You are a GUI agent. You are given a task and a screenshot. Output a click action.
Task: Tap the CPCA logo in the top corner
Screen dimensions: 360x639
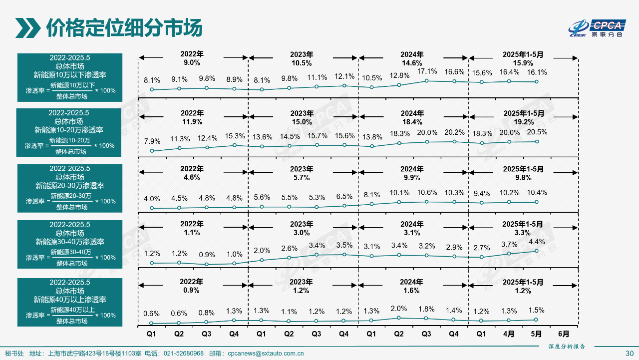(x=598, y=28)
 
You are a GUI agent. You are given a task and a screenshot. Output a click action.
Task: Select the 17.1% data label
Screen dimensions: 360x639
(x=426, y=71)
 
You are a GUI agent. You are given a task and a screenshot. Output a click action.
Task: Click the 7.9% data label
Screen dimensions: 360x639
(x=152, y=141)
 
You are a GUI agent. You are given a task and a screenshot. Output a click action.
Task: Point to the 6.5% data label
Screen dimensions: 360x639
(x=344, y=197)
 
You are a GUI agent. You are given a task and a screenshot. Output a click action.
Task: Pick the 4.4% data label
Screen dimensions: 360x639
(x=537, y=242)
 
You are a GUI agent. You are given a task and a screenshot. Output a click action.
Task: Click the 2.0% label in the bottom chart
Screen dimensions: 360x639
(x=399, y=309)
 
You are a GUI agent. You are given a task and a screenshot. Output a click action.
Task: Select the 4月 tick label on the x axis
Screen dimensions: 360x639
(x=509, y=333)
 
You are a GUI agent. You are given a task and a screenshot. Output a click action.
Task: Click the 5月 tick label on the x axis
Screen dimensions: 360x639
(x=537, y=333)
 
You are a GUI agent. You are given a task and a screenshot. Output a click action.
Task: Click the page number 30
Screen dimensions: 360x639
(x=629, y=354)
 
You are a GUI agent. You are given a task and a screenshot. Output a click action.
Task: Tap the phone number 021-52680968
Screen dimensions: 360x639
(x=184, y=354)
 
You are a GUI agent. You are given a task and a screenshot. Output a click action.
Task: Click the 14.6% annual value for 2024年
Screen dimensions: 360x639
(x=413, y=63)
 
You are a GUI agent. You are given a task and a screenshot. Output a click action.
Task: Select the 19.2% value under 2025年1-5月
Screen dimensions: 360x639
(x=523, y=122)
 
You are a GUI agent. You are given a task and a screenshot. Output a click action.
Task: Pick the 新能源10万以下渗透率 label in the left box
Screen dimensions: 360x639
(x=70, y=75)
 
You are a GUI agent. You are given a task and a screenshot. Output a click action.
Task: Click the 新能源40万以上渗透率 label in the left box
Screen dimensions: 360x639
(x=70, y=300)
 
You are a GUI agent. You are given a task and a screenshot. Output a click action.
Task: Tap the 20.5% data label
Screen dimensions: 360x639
(x=537, y=132)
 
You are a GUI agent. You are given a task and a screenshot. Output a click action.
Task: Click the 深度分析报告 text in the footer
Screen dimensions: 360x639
(x=566, y=346)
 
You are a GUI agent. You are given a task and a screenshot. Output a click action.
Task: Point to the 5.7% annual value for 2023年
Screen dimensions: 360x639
(x=302, y=177)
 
